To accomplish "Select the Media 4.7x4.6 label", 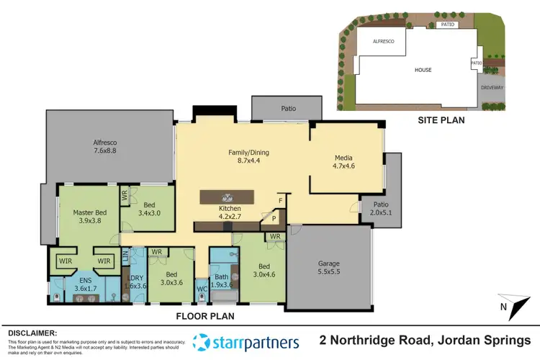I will tap(343, 162).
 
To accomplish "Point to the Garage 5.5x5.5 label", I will tap(329, 269).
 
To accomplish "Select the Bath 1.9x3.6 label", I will tap(221, 281).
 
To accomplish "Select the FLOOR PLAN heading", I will tap(207, 315).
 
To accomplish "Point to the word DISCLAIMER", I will tap(32, 333).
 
